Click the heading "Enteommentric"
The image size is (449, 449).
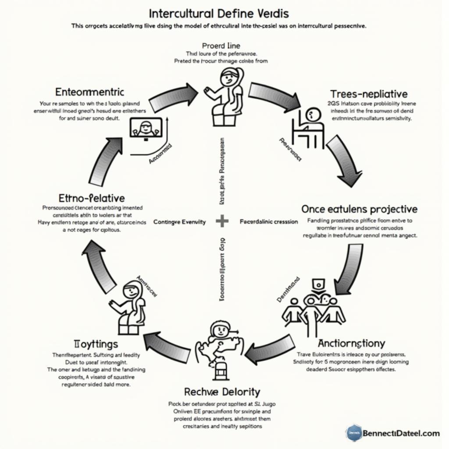pyautogui.click(x=90, y=92)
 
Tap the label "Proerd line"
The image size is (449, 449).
pyautogui.click(x=221, y=46)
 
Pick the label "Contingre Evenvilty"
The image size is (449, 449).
pyautogui.click(x=180, y=222)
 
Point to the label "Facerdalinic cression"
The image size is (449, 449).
pyautogui.click(x=269, y=222)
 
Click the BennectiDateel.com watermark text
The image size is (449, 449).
pyautogui.click(x=401, y=434)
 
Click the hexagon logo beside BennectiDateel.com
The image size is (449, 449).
pyautogui.click(x=353, y=433)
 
